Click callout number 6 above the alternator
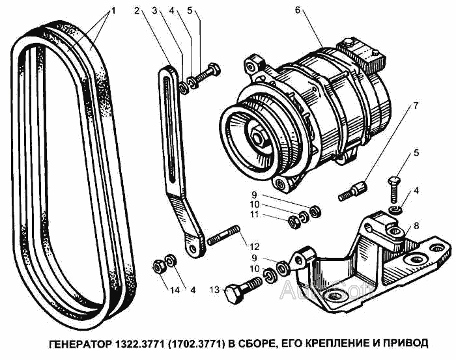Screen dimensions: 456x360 coord(297,10)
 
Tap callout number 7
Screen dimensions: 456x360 coord(416,105)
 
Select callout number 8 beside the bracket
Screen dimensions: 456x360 coord(416,225)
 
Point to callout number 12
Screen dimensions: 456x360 coord(254,246)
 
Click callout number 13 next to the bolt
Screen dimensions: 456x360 coord(214,290)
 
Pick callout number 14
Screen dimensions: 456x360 coord(175,290)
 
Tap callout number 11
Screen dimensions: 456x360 coord(255,214)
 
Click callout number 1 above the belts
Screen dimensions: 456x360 coord(113,11)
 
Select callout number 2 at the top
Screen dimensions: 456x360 coord(137,11)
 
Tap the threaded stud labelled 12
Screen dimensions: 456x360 coord(223,235)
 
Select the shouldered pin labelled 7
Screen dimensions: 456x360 coord(352,191)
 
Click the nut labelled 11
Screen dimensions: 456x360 coord(294,222)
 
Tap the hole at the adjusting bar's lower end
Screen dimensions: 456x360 coord(193,249)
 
